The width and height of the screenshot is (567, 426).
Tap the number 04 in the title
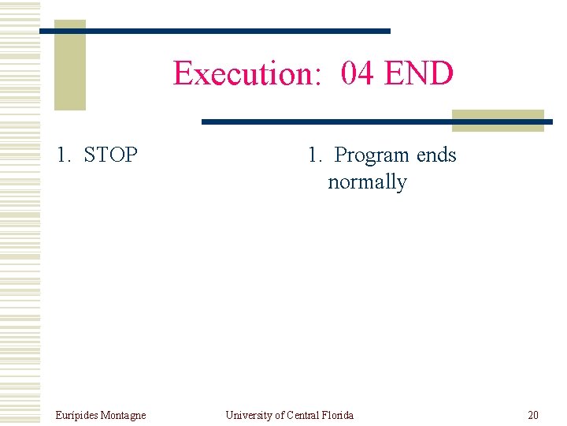pos(358,73)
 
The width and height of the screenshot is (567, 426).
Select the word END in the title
pos(418,73)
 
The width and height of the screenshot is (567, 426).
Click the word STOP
pos(110,155)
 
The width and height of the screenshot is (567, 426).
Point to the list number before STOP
pos(64,155)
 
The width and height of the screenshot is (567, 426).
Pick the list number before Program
pos(315,155)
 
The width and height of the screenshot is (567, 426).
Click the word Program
pos(372,155)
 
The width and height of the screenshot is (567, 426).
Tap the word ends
pos(436,155)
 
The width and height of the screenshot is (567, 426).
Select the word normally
pos(367,182)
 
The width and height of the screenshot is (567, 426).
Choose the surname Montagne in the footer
pos(123,415)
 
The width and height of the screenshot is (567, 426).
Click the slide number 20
pos(533,415)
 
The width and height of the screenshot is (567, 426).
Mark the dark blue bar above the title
pos(215,31)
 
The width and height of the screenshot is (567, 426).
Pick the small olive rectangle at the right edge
pos(498,120)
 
